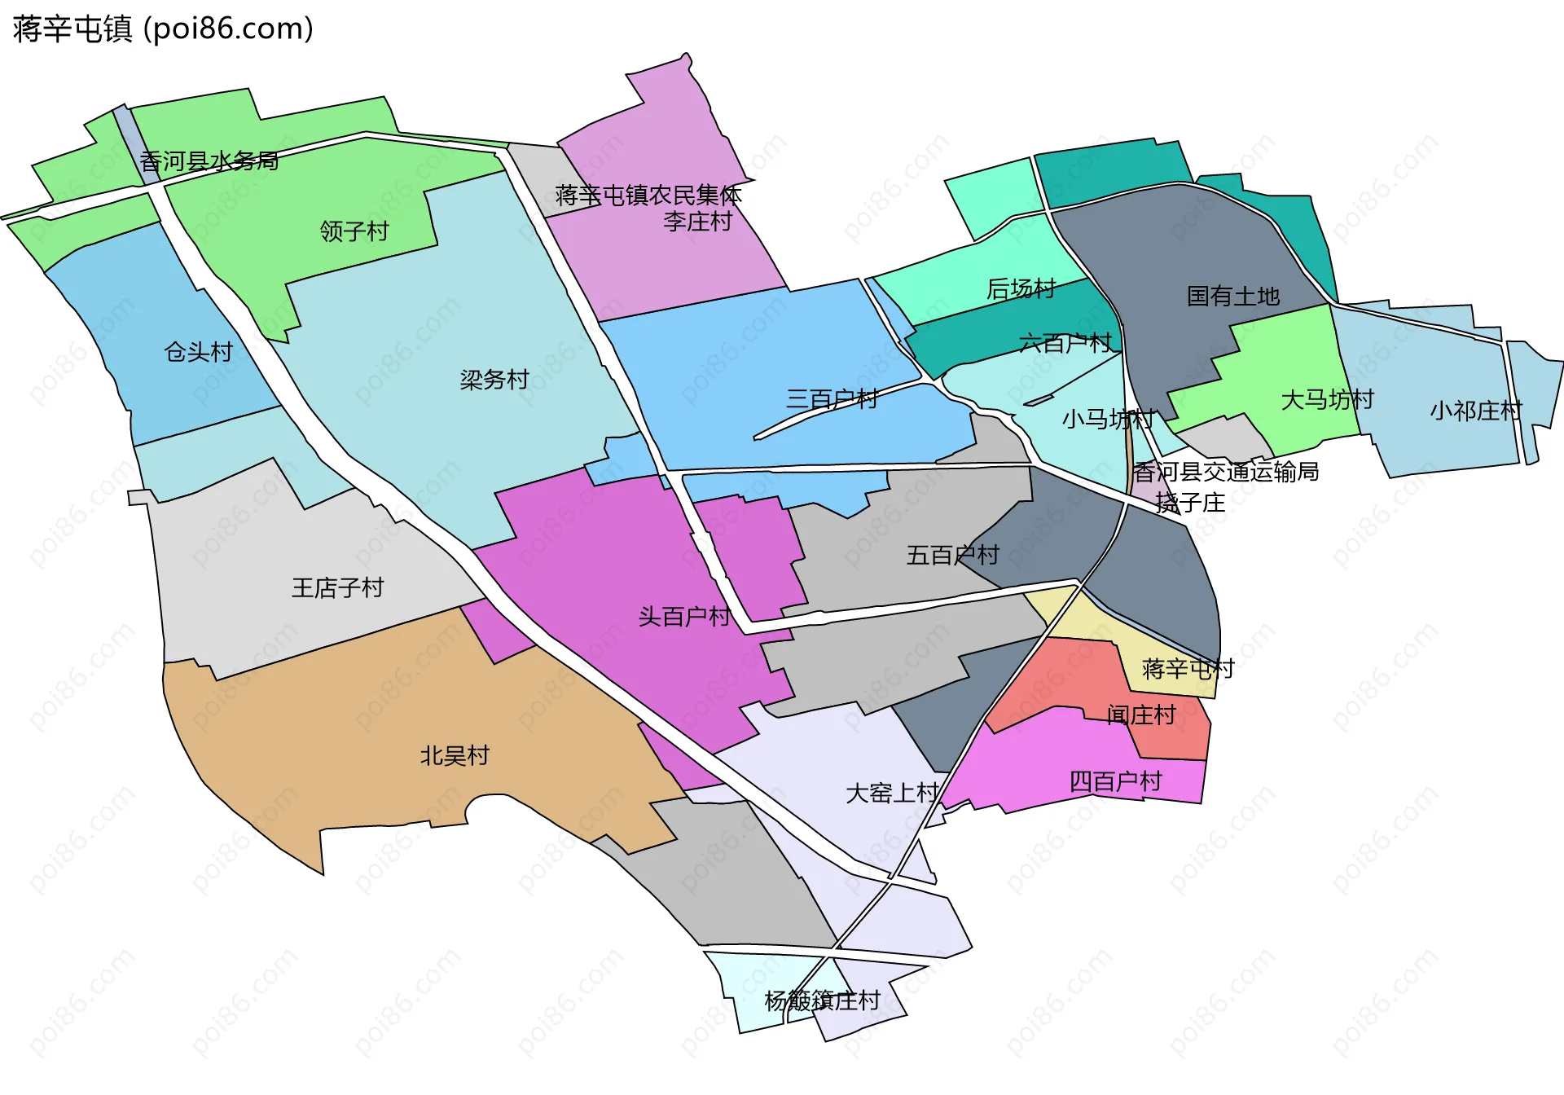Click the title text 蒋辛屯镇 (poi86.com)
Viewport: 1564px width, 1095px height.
(163, 29)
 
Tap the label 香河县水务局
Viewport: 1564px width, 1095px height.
(209, 161)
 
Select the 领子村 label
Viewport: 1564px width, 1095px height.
(354, 231)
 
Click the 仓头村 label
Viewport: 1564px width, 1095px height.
(199, 352)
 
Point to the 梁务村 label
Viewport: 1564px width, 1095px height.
(494, 380)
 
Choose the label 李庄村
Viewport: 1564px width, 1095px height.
(698, 222)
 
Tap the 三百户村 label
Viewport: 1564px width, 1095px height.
(832, 399)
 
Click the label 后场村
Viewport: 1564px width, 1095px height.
(1021, 288)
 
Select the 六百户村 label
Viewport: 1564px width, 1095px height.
(1065, 343)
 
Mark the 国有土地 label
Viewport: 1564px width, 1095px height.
(1233, 296)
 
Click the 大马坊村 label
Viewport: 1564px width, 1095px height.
(1328, 400)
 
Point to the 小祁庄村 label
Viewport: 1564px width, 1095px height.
(1476, 411)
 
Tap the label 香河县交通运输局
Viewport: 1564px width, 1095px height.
(1226, 472)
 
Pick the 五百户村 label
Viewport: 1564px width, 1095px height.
(953, 556)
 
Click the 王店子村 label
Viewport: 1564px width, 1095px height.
(338, 588)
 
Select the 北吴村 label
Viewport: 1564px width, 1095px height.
(455, 756)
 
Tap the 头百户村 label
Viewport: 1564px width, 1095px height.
(684, 617)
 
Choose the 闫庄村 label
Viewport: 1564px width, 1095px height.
(1141, 715)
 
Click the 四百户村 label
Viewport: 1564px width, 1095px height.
(1115, 782)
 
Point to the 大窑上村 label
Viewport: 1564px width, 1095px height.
(892, 794)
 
